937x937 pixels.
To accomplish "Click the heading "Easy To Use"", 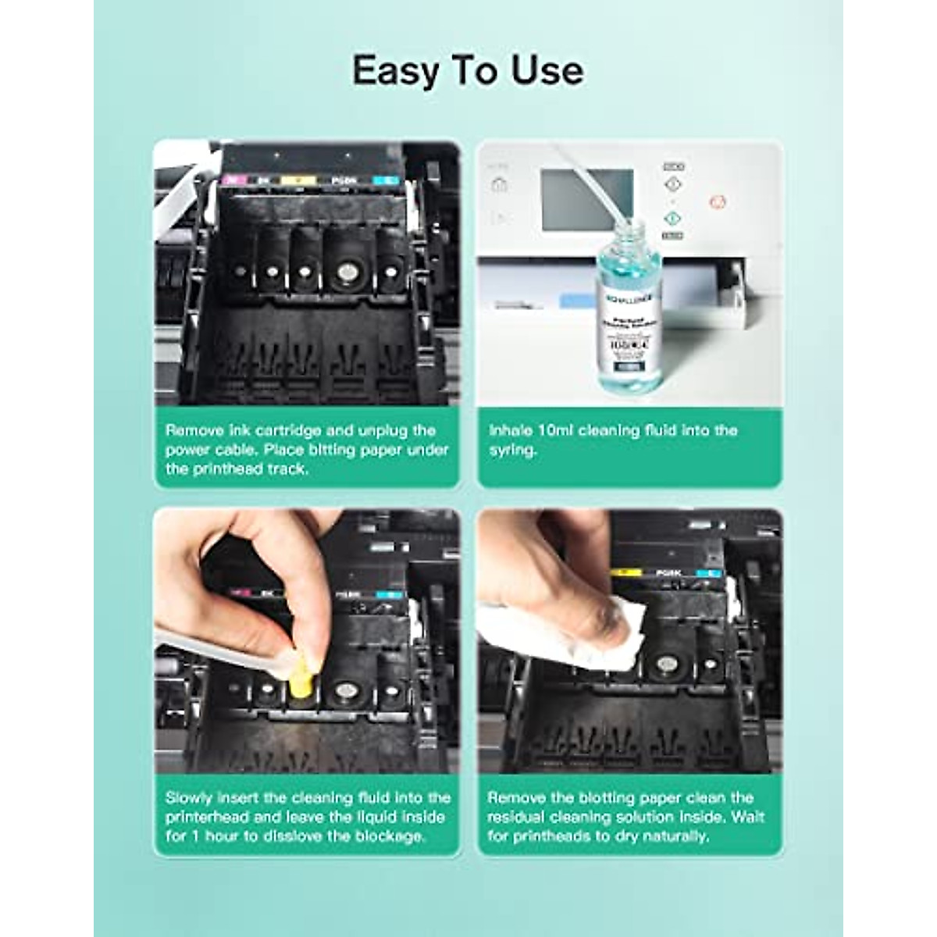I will [x=468, y=71].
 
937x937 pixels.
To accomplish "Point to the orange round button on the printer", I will [x=718, y=202].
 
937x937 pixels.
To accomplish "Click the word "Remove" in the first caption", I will [x=196, y=430].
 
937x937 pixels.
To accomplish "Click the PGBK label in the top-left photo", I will [x=344, y=180].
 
